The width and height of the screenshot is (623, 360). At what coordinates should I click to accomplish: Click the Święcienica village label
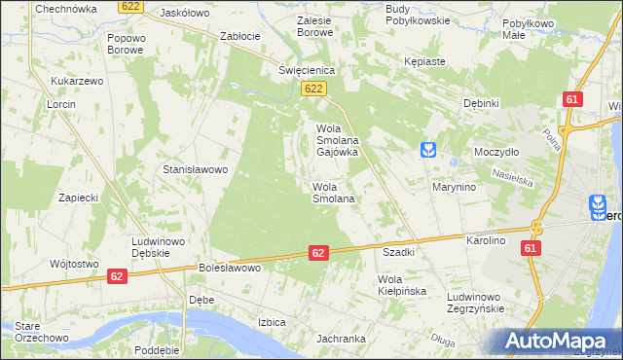point(307,70)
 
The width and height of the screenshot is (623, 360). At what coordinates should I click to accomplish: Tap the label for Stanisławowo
point(195,168)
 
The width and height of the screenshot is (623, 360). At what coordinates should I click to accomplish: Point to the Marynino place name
point(454,187)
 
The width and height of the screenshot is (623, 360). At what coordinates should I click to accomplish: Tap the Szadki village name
point(399,251)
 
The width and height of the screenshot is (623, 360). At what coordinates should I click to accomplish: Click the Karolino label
point(487,239)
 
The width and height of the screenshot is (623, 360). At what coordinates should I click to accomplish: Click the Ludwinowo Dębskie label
point(158,247)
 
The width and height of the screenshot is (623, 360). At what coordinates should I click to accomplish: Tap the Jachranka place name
point(340,339)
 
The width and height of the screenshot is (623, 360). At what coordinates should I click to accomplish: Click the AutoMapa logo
point(561,340)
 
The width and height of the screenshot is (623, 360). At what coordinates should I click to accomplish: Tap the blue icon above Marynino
point(427,150)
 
